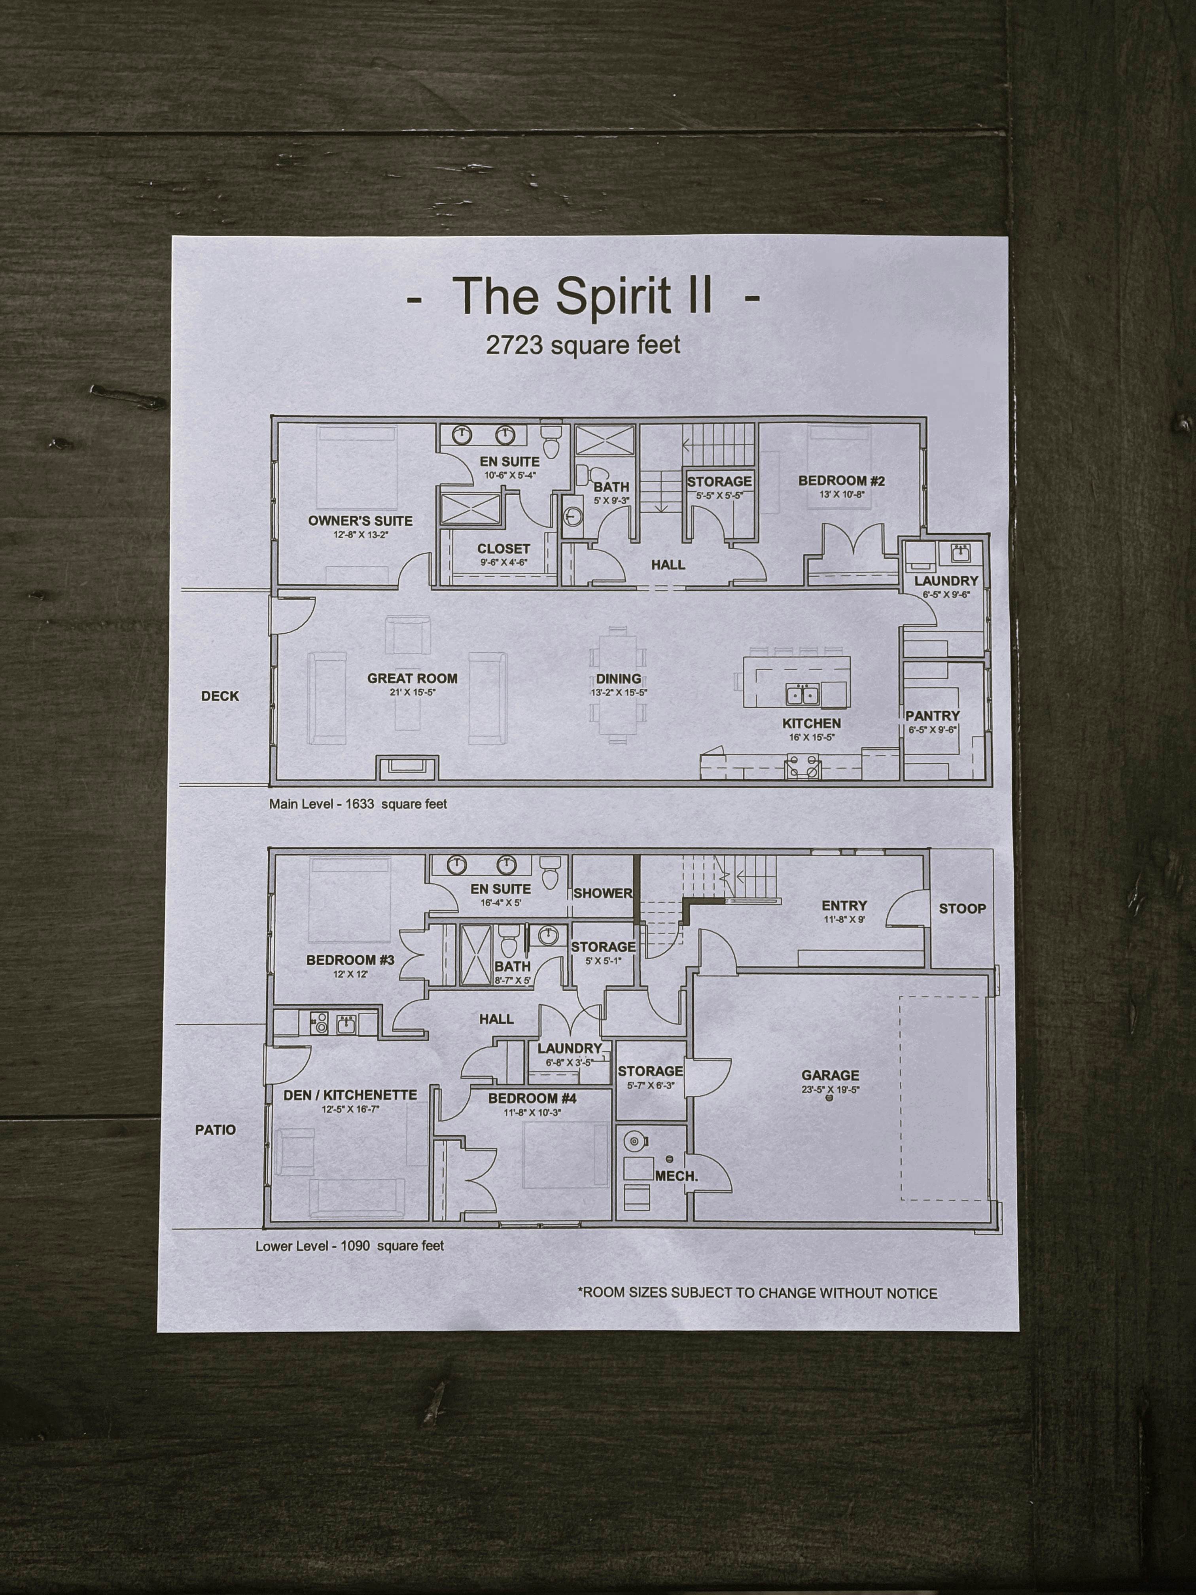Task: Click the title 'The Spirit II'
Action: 583,296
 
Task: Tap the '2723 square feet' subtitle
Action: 583,345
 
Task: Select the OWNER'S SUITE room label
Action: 360,521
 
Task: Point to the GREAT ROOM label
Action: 413,678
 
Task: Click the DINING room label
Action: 619,678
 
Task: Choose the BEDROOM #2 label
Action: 841,481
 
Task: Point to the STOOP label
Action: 962,909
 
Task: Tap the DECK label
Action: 220,696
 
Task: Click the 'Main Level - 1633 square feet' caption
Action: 358,803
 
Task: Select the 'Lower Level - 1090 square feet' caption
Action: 350,1245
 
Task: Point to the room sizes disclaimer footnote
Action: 757,1293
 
